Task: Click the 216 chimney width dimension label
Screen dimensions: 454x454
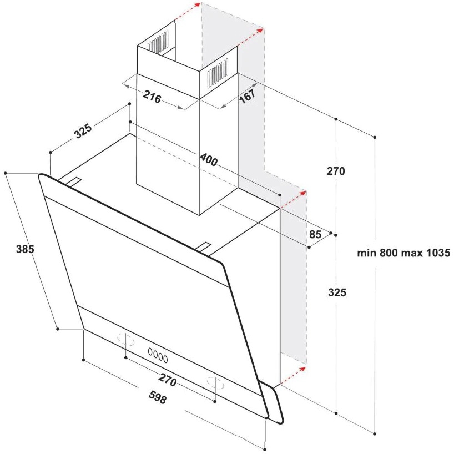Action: pos(152,97)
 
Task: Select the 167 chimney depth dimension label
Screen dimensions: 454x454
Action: pos(248,96)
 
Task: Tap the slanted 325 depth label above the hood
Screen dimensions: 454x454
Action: pos(83,130)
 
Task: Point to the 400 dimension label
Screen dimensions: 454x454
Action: pos(209,159)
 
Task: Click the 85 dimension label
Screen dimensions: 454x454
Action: pos(315,234)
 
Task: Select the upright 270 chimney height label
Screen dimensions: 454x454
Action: pos(336,171)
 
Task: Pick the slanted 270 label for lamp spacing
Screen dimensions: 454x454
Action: pos(168,379)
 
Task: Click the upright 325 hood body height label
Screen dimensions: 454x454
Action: pos(337,292)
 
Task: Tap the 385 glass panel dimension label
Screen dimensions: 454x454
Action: pos(25,249)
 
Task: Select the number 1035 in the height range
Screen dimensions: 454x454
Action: pos(438,253)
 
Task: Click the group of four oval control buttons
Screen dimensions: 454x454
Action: pos(158,355)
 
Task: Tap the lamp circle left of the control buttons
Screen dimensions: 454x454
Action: pos(126,339)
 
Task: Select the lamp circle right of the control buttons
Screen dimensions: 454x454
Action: pos(215,383)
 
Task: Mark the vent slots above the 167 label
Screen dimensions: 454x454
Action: pos(218,73)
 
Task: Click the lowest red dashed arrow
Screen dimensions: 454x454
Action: pos(293,376)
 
